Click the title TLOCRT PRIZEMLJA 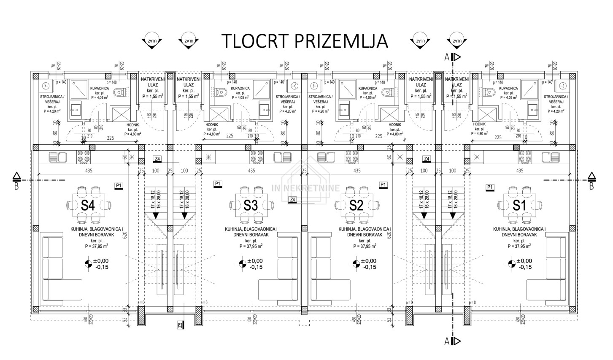304,41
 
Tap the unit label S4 87,206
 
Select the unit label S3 251,206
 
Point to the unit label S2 356,206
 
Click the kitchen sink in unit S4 56,157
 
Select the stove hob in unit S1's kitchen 525,157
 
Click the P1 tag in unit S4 119,185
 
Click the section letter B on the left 16,186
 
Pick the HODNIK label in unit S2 395,125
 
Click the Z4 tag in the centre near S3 292,200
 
